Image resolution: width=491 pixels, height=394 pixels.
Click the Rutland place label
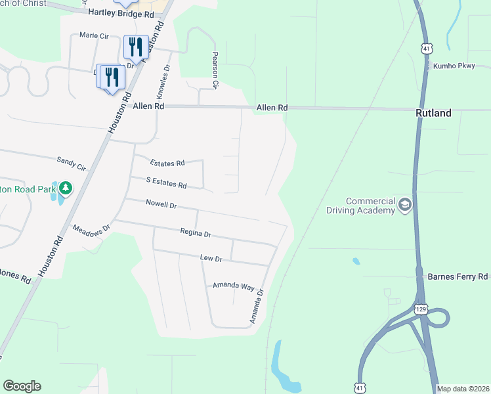433,113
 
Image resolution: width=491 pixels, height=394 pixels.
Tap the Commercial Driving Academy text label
361,206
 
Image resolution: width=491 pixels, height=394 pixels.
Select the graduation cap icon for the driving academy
405,206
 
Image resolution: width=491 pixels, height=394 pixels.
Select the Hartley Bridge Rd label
121,14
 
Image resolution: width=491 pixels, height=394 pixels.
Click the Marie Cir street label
93,35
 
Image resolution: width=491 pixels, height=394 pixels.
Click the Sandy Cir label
72,164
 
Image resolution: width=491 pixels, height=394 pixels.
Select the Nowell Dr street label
161,205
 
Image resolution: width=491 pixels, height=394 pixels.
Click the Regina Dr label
196,233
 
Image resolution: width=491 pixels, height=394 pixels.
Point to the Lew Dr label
211,259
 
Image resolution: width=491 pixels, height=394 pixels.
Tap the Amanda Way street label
233,286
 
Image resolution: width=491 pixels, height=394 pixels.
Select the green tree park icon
65,189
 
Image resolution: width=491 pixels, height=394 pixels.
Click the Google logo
22,386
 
